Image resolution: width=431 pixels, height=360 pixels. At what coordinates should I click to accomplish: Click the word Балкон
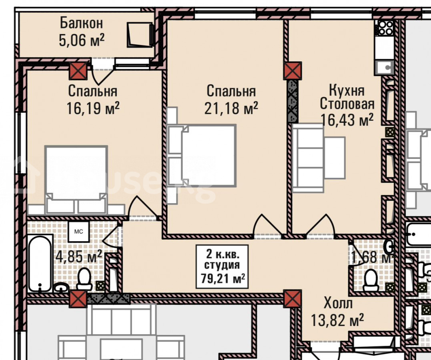[x=81, y=23]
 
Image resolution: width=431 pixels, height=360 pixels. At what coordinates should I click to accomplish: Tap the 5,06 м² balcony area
[x=82, y=40]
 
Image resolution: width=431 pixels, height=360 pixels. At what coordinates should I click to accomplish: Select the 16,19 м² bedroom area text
[x=93, y=108]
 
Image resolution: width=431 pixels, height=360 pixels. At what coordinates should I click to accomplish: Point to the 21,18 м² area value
[x=231, y=108]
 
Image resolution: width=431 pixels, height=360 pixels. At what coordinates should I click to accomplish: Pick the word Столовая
[x=347, y=104]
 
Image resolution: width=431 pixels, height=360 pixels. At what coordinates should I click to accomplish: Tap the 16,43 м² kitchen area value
[x=347, y=120]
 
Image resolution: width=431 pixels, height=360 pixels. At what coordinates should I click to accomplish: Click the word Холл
[x=338, y=304]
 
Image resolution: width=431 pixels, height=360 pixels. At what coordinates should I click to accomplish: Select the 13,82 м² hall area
[x=337, y=320]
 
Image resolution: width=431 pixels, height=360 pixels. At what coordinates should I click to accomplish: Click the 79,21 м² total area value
[x=223, y=279]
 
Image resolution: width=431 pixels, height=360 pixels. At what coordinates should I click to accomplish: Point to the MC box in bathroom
[x=79, y=232]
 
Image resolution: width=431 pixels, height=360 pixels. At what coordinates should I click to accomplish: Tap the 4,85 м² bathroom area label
[x=79, y=256]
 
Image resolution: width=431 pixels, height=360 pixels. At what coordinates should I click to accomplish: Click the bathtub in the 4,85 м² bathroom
[x=40, y=263]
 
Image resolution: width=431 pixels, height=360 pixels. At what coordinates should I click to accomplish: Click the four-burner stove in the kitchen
[x=385, y=28]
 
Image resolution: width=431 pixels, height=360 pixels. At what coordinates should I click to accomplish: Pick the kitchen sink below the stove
[x=384, y=67]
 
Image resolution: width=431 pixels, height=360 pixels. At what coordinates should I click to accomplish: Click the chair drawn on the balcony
[x=140, y=35]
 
